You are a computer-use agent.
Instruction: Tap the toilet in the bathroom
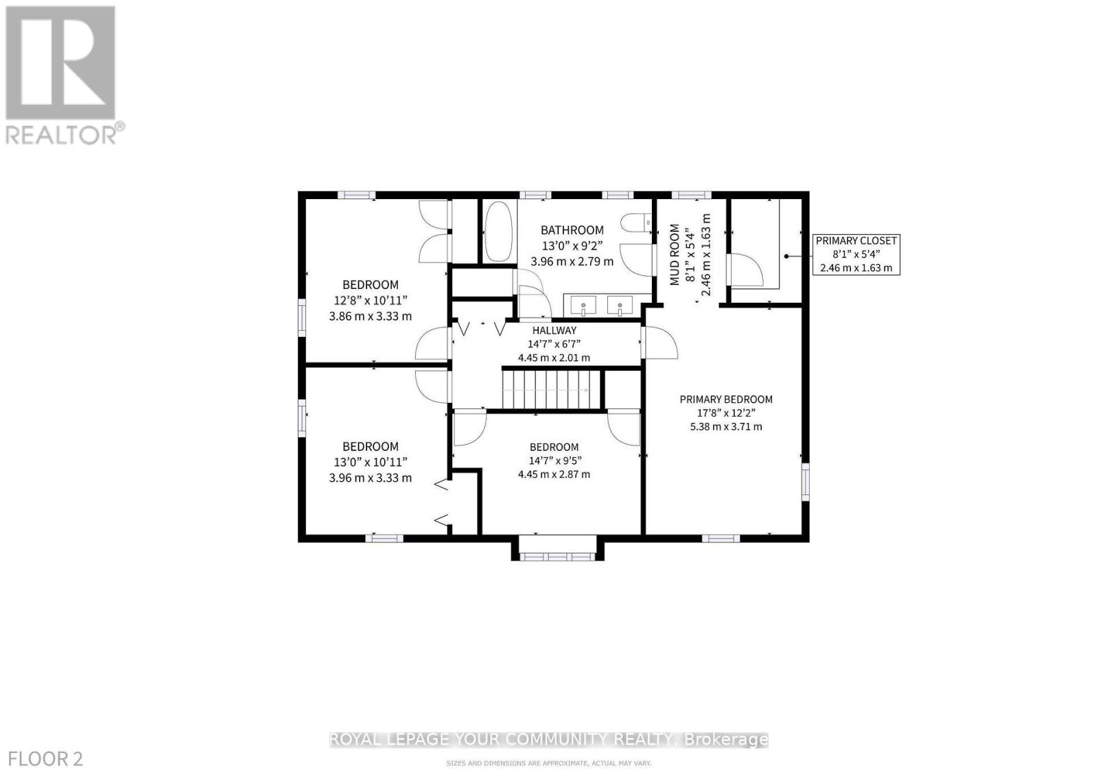pyautogui.click(x=635, y=222)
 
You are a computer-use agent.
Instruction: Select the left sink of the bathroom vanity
pyautogui.click(x=584, y=305)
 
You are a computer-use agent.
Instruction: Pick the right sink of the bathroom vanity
pyautogui.click(x=620, y=305)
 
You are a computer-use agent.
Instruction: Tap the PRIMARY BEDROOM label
pyautogui.click(x=726, y=399)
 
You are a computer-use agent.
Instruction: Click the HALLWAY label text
pyautogui.click(x=554, y=330)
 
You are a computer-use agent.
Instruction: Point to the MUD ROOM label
pyautogui.click(x=675, y=254)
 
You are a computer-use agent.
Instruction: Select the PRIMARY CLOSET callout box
pyautogui.click(x=856, y=254)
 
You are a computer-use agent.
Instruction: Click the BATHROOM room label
pyautogui.click(x=572, y=230)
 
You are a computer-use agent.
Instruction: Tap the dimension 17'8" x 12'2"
pyautogui.click(x=726, y=413)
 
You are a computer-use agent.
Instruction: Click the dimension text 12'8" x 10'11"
pyautogui.click(x=371, y=300)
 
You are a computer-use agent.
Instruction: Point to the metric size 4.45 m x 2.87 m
pyautogui.click(x=554, y=474)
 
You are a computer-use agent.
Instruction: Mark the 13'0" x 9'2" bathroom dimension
pyautogui.click(x=572, y=246)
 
